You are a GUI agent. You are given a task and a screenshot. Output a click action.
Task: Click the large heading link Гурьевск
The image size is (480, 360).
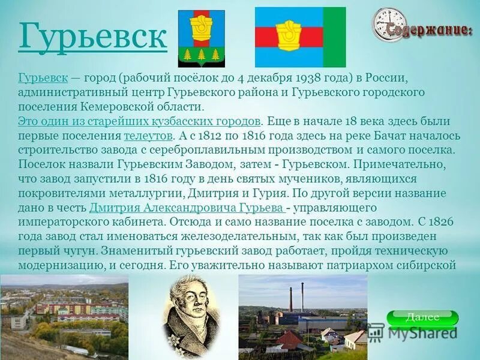pos(92,37)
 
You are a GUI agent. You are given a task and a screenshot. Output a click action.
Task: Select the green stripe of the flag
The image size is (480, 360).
pos(334,37)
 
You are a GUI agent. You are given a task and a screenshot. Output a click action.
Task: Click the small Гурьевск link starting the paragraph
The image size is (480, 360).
pos(43,79)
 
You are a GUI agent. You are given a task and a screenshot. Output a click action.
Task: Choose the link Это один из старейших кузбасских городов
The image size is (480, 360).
pos(139,121)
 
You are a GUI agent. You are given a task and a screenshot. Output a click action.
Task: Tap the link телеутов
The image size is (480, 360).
pos(149,136)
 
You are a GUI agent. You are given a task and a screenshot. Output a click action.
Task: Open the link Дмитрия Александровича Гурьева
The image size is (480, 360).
pos(187,208)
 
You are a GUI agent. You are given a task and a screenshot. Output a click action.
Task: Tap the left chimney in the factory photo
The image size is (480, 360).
pos(291,298)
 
